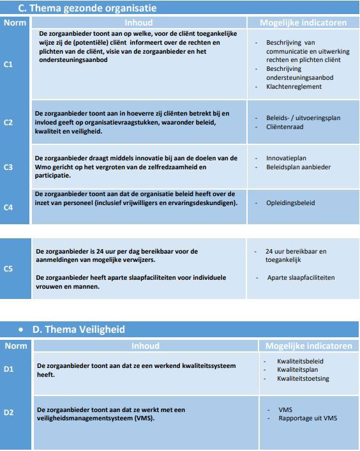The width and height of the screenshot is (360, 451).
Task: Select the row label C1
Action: (8, 64)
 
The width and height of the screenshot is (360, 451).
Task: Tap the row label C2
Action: (8, 122)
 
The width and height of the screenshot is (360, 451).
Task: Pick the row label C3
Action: (8, 167)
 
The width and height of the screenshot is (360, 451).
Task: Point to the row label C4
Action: (8, 207)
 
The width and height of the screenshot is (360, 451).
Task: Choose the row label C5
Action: (8, 269)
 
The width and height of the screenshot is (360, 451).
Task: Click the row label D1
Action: (8, 369)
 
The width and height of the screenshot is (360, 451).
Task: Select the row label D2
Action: (8, 413)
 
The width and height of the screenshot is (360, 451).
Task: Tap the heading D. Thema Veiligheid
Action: (79, 330)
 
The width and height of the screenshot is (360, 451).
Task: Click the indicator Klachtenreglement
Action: (294, 86)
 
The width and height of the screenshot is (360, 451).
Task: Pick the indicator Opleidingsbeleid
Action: (290, 203)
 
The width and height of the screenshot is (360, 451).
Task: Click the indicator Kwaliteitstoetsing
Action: (303, 379)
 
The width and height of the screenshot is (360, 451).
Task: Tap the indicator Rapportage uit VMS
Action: (308, 418)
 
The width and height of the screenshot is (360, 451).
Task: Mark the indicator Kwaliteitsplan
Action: (297, 370)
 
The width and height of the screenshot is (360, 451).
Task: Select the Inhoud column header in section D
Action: (145, 346)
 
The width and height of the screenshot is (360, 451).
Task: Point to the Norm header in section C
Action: (15, 22)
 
